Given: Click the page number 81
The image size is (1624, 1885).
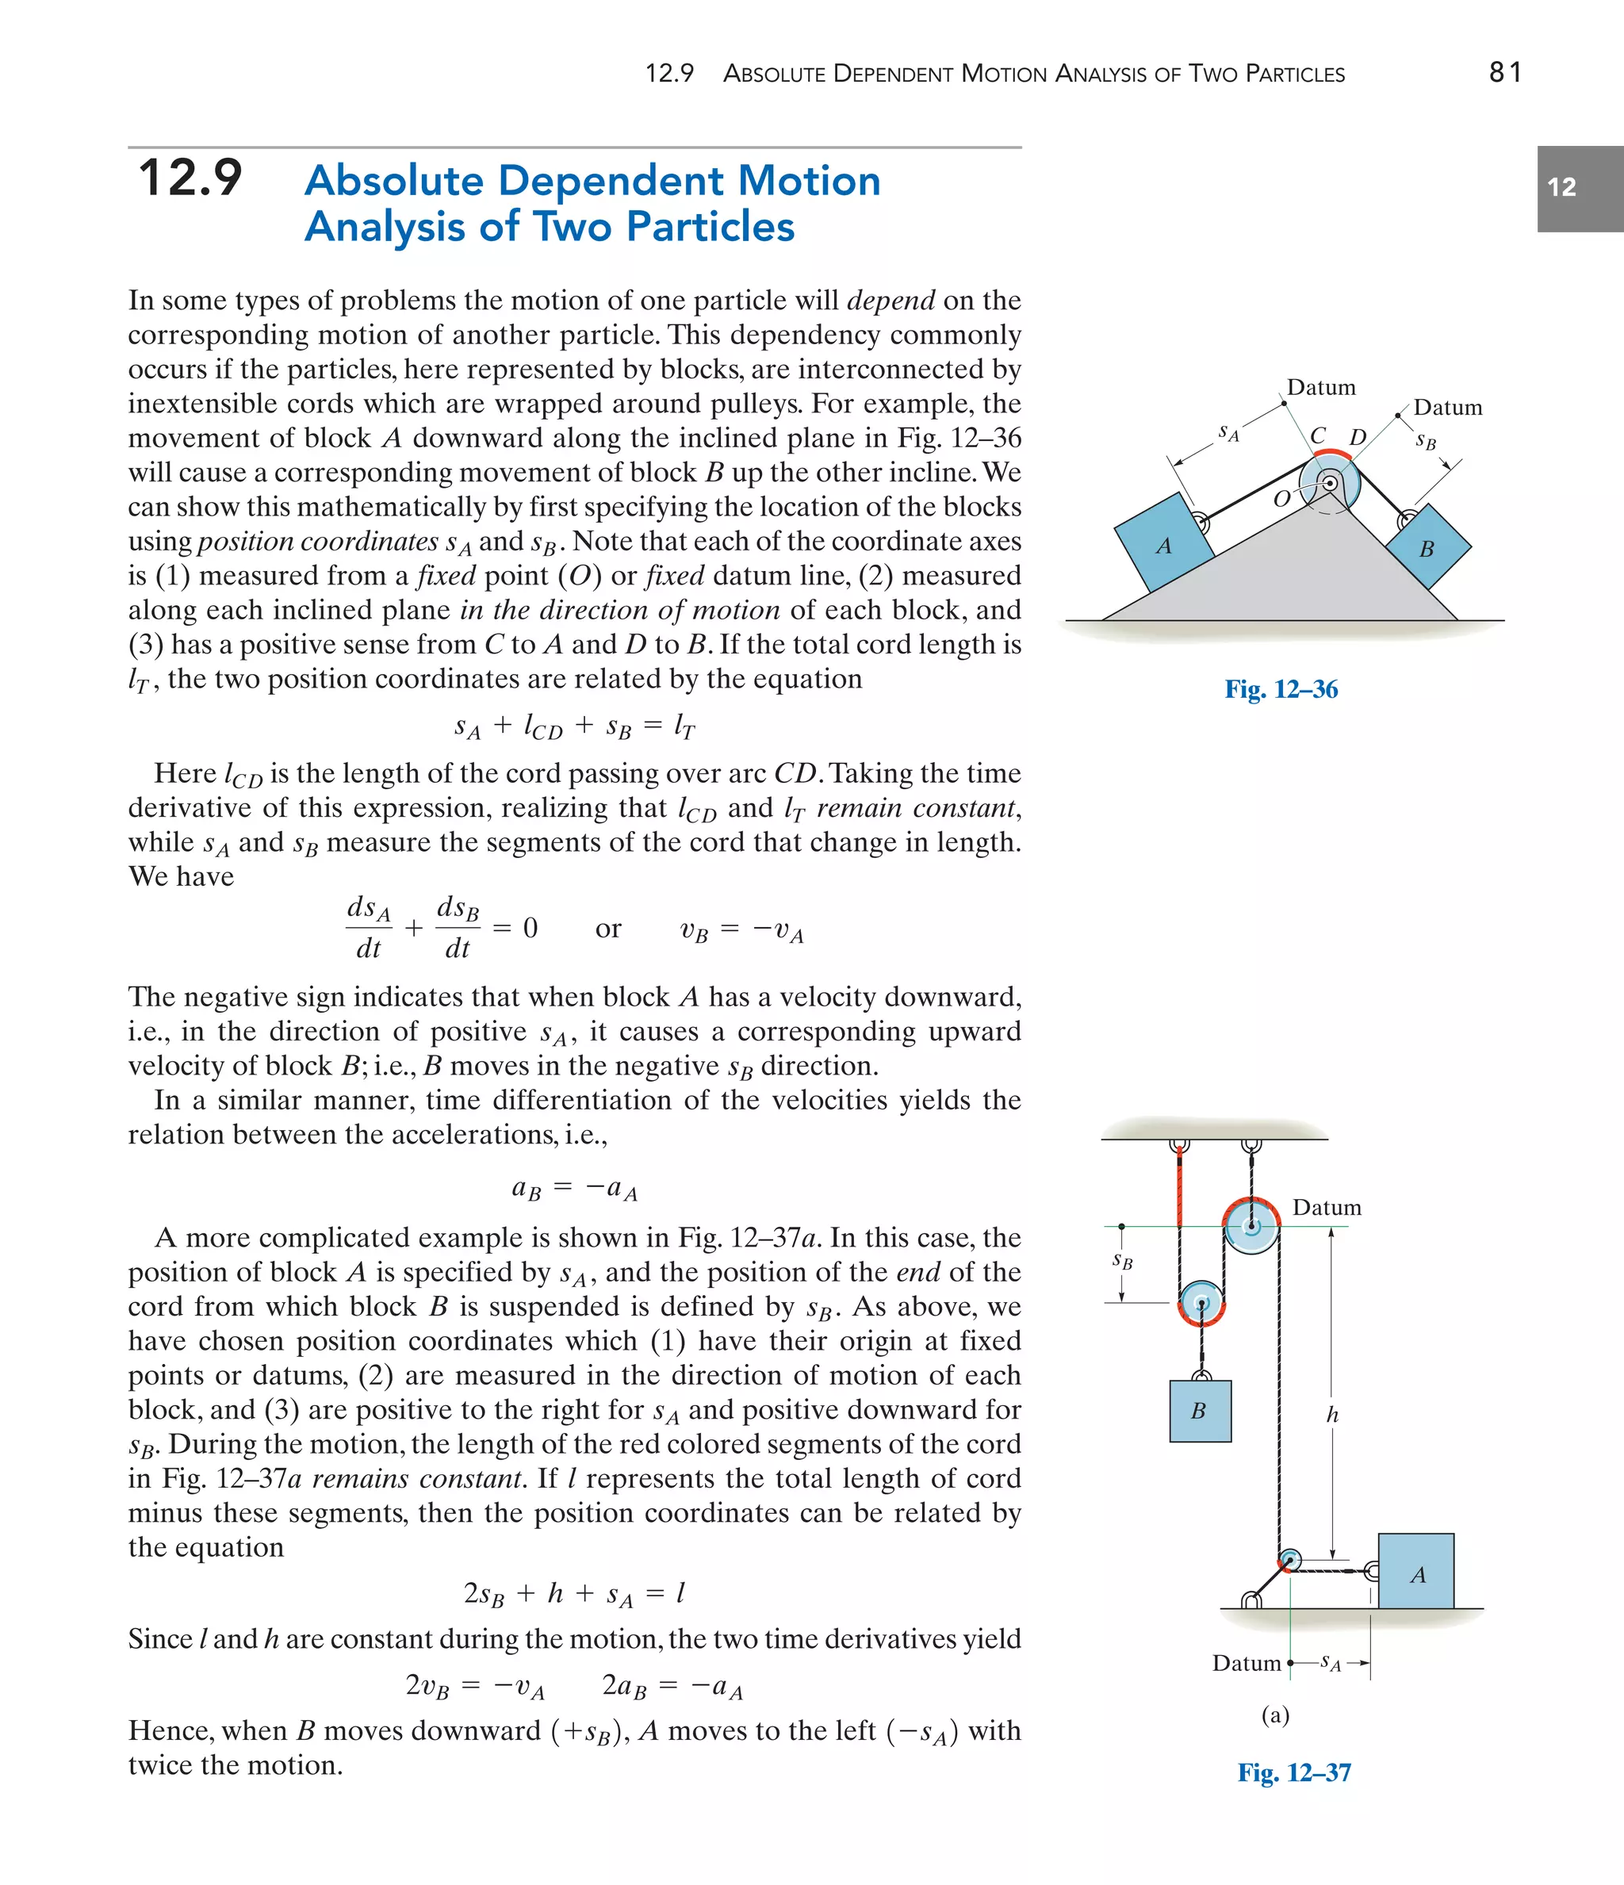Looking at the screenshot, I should coord(1505,72).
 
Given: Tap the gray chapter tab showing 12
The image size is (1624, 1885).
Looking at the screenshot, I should coord(1580,188).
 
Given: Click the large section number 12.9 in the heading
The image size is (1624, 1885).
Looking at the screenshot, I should coord(190,178).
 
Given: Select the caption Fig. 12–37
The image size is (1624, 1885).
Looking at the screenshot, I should coord(1294,1772).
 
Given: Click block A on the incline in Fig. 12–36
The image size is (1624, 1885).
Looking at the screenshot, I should coord(1163,544).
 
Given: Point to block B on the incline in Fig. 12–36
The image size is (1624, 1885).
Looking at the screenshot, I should coord(1427,549).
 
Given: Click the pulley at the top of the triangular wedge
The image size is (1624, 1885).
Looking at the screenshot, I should coord(1328,483).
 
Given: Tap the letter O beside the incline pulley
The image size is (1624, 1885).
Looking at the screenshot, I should coord(1282,499).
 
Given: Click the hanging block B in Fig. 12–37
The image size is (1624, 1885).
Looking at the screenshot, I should coord(1200,1410).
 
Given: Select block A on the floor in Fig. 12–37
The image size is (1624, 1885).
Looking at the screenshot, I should coord(1415,1575).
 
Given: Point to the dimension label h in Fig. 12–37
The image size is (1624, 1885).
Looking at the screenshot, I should coord(1332,1415).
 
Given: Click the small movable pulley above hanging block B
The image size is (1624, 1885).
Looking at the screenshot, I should coord(1201,1304).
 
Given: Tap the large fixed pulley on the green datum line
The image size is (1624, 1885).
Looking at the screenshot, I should coord(1251,1226).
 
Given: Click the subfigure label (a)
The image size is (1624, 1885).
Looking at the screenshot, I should coord(1276,1714).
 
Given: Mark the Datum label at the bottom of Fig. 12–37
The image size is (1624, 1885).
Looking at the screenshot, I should coord(1247,1663).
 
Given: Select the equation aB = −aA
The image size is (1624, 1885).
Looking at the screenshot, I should coord(574,1188).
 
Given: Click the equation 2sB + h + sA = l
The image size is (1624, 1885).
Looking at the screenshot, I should coord(574,1593).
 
